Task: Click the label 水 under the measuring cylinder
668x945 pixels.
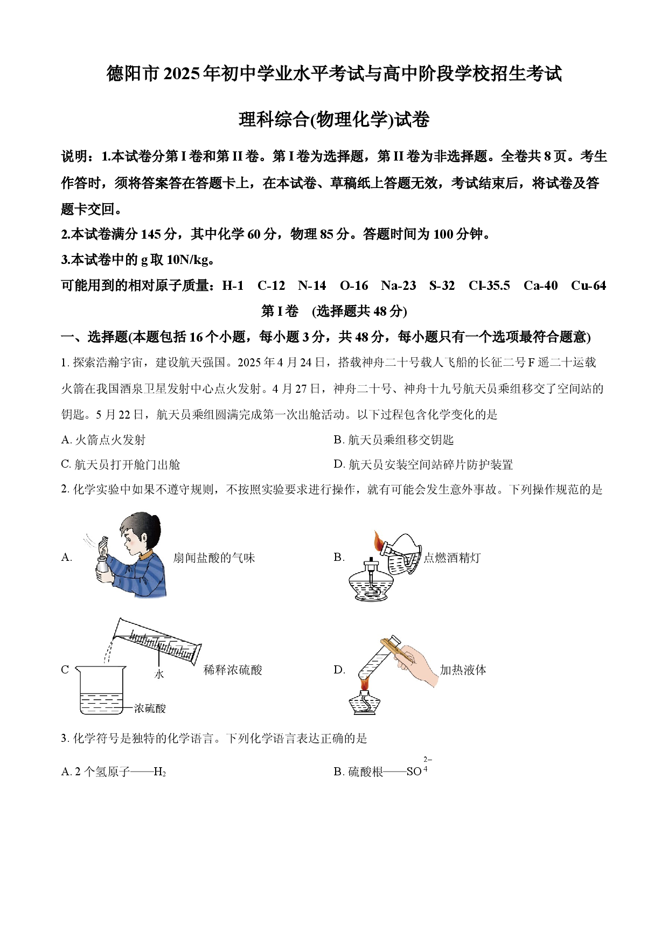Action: point(159,674)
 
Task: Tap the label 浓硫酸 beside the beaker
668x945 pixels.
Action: point(150,708)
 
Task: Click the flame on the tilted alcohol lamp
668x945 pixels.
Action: point(379,540)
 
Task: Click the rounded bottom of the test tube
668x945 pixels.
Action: point(364,675)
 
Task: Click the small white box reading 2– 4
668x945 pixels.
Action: point(428,764)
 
